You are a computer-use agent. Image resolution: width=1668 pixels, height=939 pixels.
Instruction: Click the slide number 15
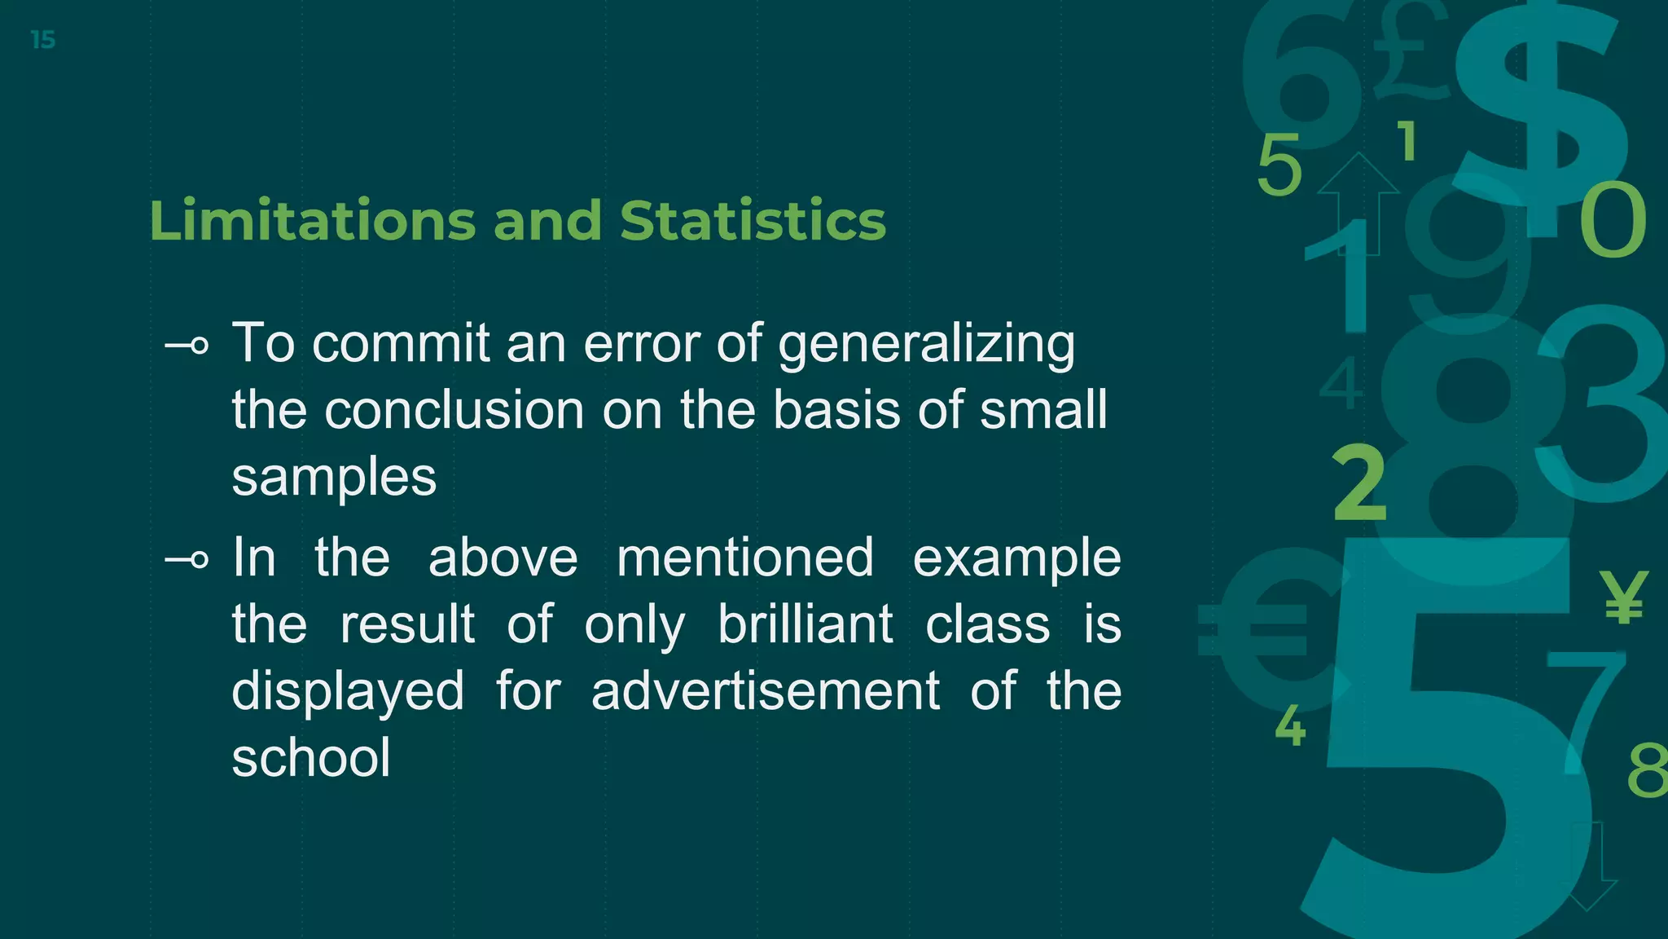click(x=43, y=40)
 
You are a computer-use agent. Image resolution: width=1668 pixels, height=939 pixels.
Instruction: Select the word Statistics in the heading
click(x=753, y=221)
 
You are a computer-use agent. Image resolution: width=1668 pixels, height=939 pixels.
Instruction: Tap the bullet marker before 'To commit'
click(x=187, y=346)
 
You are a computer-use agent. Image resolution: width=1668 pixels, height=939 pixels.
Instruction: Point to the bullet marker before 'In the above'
click(x=187, y=560)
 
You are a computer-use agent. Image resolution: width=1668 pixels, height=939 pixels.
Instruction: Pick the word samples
click(x=334, y=477)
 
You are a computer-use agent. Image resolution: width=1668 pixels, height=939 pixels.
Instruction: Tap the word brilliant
click(x=805, y=624)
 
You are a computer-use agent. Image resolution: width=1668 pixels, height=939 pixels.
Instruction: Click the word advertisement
click(x=765, y=691)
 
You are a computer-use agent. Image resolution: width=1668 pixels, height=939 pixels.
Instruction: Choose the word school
click(x=311, y=757)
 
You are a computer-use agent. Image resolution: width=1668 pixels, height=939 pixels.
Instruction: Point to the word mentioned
click(x=744, y=558)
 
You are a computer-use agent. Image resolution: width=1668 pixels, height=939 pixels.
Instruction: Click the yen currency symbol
click(x=1623, y=597)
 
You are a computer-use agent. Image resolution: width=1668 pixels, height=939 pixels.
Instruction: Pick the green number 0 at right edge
click(x=1613, y=220)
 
